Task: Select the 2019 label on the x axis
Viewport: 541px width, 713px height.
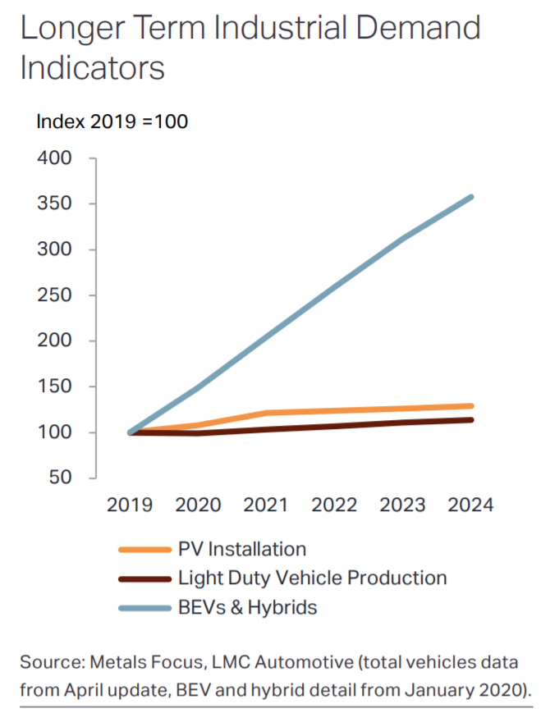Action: pos(130,505)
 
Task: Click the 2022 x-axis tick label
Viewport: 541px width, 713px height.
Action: pos(334,505)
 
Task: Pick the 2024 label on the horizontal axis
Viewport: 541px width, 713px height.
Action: pos(470,505)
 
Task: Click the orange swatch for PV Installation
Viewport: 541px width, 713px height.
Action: pos(144,550)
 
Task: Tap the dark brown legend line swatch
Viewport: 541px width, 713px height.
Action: pos(144,578)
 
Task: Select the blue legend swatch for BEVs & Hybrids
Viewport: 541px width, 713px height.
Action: pos(144,608)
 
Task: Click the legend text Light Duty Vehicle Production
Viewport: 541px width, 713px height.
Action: pos(312,578)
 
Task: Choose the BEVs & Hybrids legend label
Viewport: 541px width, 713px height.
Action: pos(247,607)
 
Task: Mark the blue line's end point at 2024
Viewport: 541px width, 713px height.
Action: pos(471,197)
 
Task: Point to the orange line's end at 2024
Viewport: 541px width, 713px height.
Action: pos(471,405)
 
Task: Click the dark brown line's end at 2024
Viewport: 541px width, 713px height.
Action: pos(471,420)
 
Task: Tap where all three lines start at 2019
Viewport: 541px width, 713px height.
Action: pos(131,432)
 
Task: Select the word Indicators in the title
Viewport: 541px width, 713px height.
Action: pos(92,68)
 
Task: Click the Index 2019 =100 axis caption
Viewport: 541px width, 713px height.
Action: pos(112,122)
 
